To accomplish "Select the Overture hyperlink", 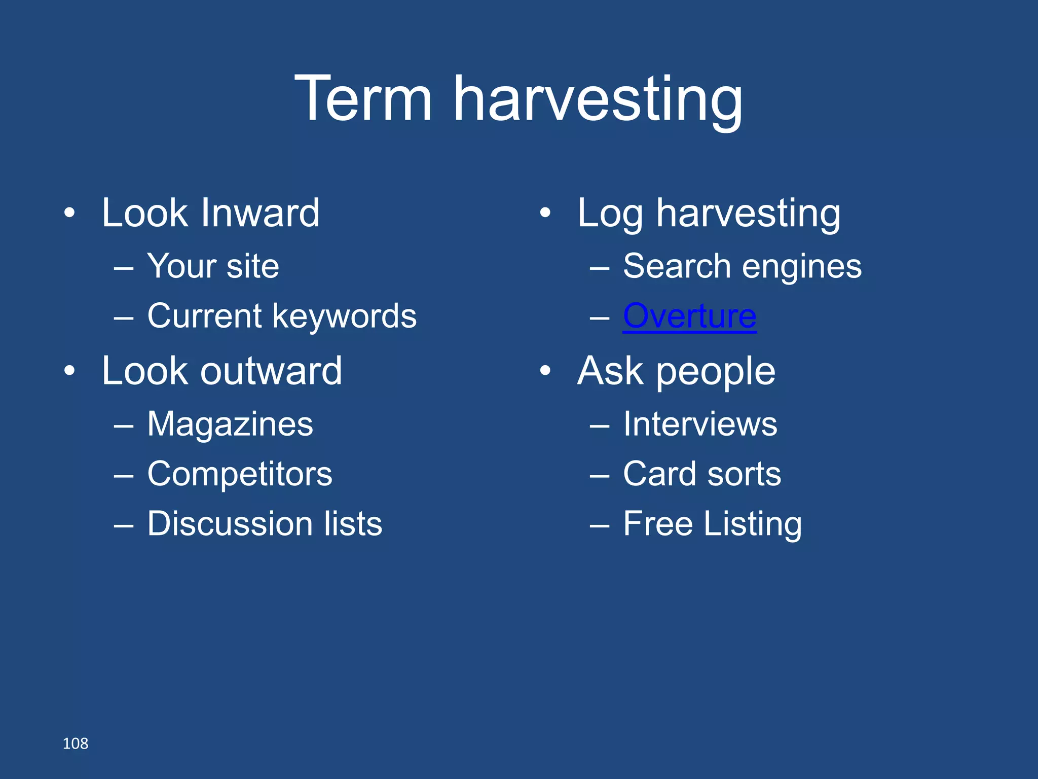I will click(x=689, y=316).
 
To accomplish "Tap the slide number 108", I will click(x=75, y=743).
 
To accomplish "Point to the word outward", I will click(x=271, y=371).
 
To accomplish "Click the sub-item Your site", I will click(x=213, y=266).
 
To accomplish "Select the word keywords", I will click(x=344, y=316).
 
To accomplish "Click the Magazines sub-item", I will click(x=230, y=424).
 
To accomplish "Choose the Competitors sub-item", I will click(x=240, y=474).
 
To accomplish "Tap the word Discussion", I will click(x=230, y=524).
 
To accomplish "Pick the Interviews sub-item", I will click(x=700, y=424).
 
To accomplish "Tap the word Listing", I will click(x=753, y=524).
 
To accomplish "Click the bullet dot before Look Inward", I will click(x=69, y=213).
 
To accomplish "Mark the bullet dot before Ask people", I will click(x=545, y=371).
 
